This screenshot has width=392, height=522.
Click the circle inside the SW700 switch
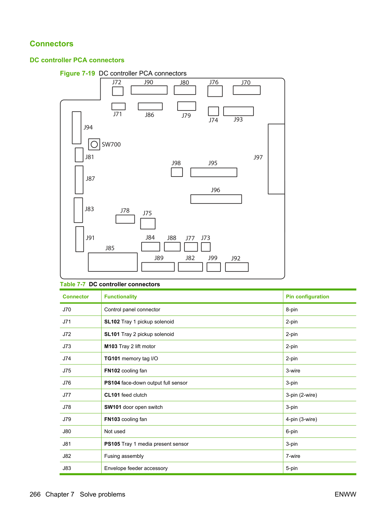point(94,144)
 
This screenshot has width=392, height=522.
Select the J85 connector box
point(113,262)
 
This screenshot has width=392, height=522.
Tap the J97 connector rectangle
point(276,159)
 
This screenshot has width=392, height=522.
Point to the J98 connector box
point(177,172)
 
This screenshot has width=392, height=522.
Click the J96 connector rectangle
point(216,199)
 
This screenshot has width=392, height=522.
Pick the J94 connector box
point(77,128)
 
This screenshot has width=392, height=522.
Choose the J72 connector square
point(118,91)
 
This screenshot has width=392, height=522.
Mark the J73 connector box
point(206,247)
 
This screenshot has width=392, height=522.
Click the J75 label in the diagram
point(147,213)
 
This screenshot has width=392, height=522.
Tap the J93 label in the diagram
point(238,119)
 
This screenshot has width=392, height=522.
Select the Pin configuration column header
point(307,296)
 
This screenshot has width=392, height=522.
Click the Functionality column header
point(121,296)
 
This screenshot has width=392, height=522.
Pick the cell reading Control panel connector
point(132,309)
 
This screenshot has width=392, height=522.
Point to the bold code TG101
point(112,358)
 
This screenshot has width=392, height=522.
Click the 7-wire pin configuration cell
point(293,456)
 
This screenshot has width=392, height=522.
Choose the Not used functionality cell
point(115,431)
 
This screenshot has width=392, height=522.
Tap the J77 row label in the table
point(67,395)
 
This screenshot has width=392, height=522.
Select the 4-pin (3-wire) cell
point(301,419)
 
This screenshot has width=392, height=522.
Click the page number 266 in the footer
point(35,494)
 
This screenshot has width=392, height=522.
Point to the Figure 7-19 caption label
point(77,73)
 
